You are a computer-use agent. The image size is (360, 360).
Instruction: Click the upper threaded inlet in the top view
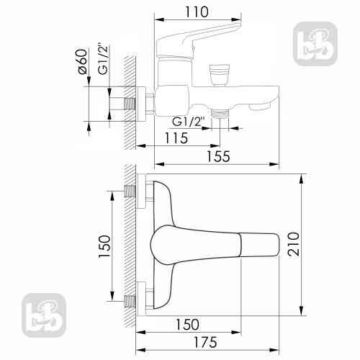click(x=131, y=191)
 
